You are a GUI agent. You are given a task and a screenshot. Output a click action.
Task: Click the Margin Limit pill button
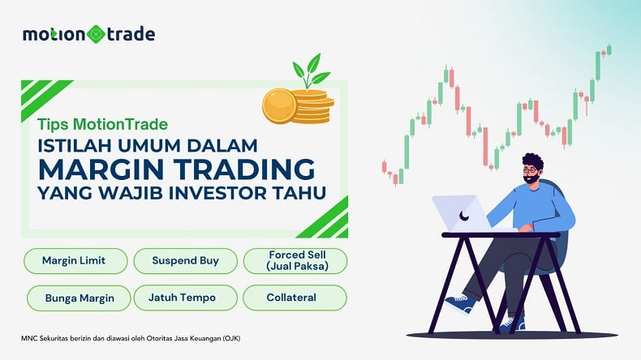(75, 261)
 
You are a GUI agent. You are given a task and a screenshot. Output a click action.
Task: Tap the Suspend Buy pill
(185, 261)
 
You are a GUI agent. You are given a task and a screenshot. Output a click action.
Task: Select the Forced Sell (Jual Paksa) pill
(296, 261)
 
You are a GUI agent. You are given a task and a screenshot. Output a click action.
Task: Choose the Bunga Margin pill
(79, 298)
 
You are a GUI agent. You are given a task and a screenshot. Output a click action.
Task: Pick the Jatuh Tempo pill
(187, 298)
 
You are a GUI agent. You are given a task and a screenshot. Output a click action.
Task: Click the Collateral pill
(295, 298)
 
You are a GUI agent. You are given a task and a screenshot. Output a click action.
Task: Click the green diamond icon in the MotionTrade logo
(97, 34)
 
